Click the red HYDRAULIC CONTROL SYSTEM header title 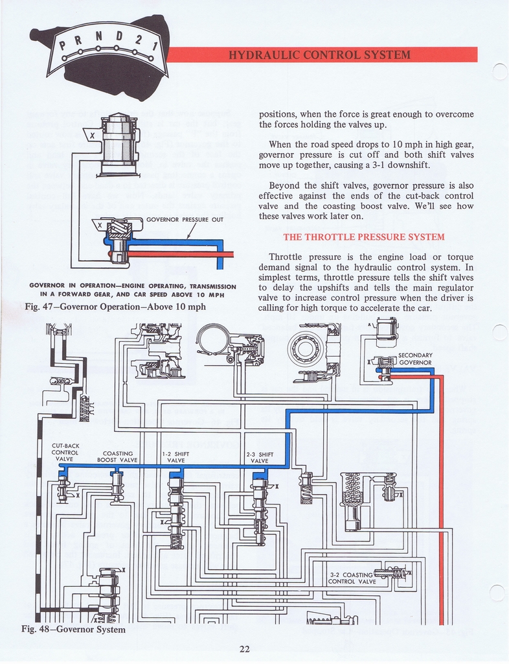click(320, 54)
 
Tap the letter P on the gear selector click(63, 45)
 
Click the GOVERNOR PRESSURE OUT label click(185, 219)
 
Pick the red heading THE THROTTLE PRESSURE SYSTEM click(363, 237)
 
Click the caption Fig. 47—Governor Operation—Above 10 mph click(115, 307)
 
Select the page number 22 click(244, 648)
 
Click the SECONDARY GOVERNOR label click(415, 359)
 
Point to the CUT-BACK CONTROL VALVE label click(65, 452)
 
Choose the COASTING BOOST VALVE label click(117, 456)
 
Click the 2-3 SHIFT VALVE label click(259, 457)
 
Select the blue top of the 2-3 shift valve click(259, 477)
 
